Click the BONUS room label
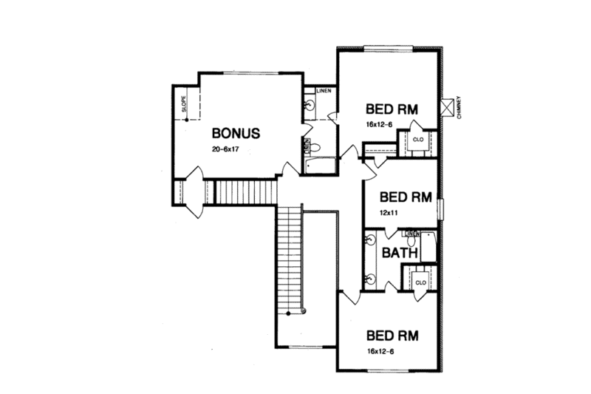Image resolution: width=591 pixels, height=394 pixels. [x=236, y=134]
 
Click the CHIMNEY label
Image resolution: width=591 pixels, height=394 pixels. [x=459, y=107]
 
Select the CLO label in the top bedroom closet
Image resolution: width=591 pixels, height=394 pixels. [x=417, y=138]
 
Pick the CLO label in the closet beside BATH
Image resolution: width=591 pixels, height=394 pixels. [x=420, y=282]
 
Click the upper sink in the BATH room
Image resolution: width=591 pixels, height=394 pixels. [x=371, y=242]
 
